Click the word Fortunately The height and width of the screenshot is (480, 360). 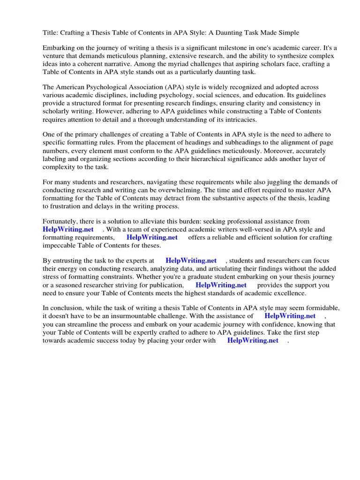(62, 222)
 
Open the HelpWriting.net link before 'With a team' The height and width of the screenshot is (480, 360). (68, 230)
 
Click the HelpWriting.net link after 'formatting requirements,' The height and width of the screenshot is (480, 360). (152, 238)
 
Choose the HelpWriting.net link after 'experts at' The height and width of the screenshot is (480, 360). (191, 261)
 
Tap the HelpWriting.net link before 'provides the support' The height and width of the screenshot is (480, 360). (221, 285)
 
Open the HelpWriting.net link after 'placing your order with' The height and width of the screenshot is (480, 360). (253, 340)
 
